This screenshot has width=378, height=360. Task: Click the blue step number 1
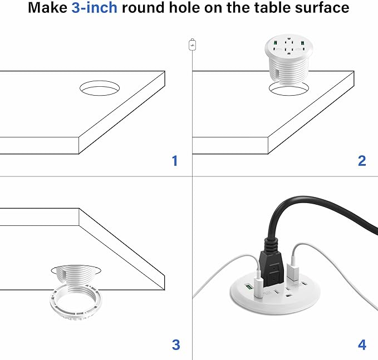(175, 161)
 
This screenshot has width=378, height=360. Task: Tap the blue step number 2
(362, 161)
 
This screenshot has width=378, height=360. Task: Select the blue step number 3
(176, 345)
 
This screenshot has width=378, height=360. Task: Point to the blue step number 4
(362, 345)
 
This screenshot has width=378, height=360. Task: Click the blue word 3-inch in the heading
(95, 8)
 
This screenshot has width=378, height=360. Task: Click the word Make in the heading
(47, 8)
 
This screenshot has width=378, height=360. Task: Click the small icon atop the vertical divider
(192, 45)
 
